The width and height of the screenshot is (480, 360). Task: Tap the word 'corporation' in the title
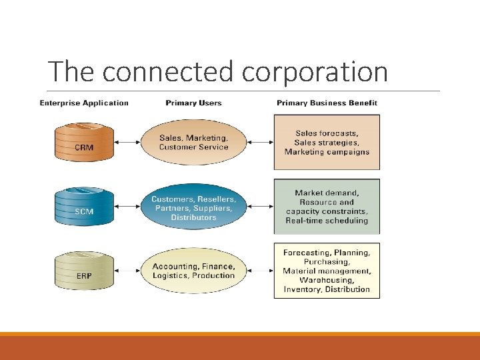coord(315,72)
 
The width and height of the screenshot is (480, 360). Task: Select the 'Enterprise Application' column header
coord(84,103)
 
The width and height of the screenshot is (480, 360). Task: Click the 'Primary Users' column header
coord(193,103)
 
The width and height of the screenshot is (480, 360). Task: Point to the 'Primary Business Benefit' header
coord(327,103)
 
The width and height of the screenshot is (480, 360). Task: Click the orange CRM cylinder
coord(84,142)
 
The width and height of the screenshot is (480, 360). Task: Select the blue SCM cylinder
coord(84,207)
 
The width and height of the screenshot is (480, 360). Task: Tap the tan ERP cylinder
coord(84,271)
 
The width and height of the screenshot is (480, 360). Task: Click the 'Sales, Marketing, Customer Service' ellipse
coord(193,143)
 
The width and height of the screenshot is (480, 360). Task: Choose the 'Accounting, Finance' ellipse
coord(193,271)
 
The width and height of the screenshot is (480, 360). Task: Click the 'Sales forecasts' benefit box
coord(327,142)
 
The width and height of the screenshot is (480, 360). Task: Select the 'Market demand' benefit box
coord(327,207)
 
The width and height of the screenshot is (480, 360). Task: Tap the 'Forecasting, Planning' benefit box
coord(327,271)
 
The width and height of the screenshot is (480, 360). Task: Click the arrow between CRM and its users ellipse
coord(127,142)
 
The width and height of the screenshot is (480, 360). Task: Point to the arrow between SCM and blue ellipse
coord(127,207)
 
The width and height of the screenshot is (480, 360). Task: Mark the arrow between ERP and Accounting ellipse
coord(127,271)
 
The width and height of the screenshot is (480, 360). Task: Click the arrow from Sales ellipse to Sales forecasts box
coord(260,142)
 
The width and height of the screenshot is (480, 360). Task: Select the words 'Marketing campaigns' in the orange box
coord(327,152)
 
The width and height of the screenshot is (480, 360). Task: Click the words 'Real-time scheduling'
coord(327,221)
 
